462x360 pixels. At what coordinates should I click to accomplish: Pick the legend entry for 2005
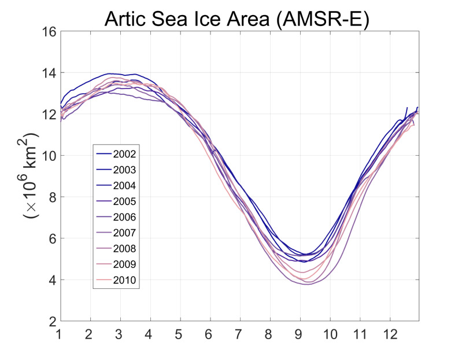point(125,201)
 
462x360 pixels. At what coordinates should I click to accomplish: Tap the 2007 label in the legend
point(125,233)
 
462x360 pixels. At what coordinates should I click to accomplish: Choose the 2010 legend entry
point(125,281)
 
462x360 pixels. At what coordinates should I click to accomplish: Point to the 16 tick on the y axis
point(49,31)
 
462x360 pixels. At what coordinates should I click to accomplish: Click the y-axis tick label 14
point(49,73)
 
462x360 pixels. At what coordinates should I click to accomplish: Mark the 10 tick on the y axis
point(49,156)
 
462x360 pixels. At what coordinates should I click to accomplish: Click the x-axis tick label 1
point(61,335)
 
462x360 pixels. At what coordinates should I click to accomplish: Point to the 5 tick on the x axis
point(180,335)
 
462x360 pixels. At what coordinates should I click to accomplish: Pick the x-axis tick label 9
point(300,335)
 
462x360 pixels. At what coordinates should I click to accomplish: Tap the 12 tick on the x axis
point(390,335)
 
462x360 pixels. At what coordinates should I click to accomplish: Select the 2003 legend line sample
point(104,170)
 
